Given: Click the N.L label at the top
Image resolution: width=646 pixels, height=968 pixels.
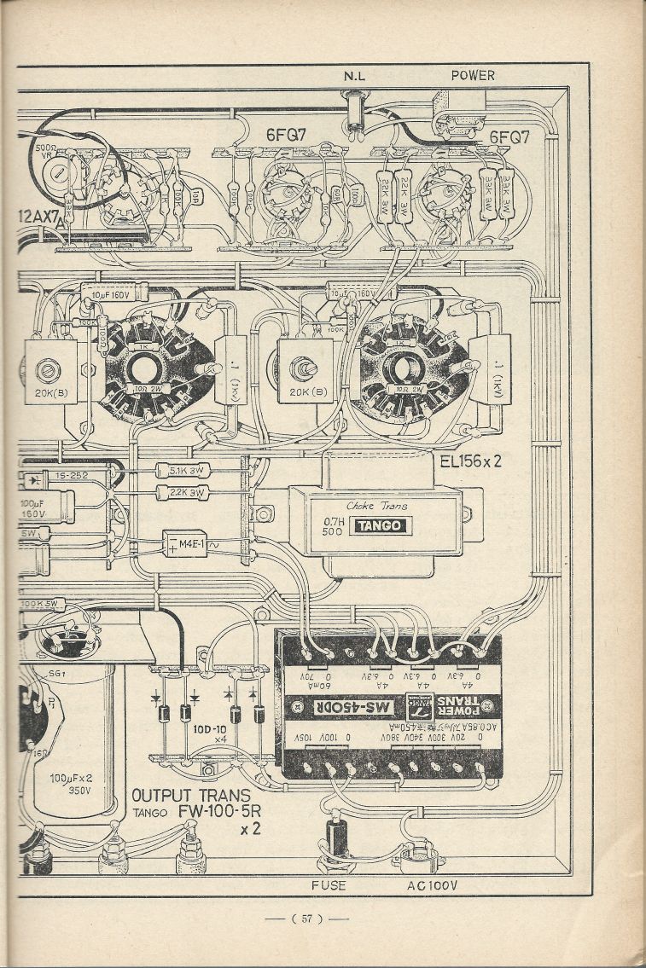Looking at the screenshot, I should tap(354, 76).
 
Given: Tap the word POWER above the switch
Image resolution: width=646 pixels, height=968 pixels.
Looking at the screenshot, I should tap(473, 75).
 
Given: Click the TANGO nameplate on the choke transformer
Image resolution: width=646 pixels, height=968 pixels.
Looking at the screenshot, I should tap(382, 526).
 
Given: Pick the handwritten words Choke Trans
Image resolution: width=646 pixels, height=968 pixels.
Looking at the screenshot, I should tap(376, 505).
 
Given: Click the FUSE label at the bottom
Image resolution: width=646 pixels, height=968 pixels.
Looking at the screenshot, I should tap(329, 886).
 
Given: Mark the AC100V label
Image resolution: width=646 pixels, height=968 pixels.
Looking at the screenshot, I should tap(432, 886).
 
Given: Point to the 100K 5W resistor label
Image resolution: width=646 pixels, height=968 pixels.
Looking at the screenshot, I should tap(41, 605).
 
